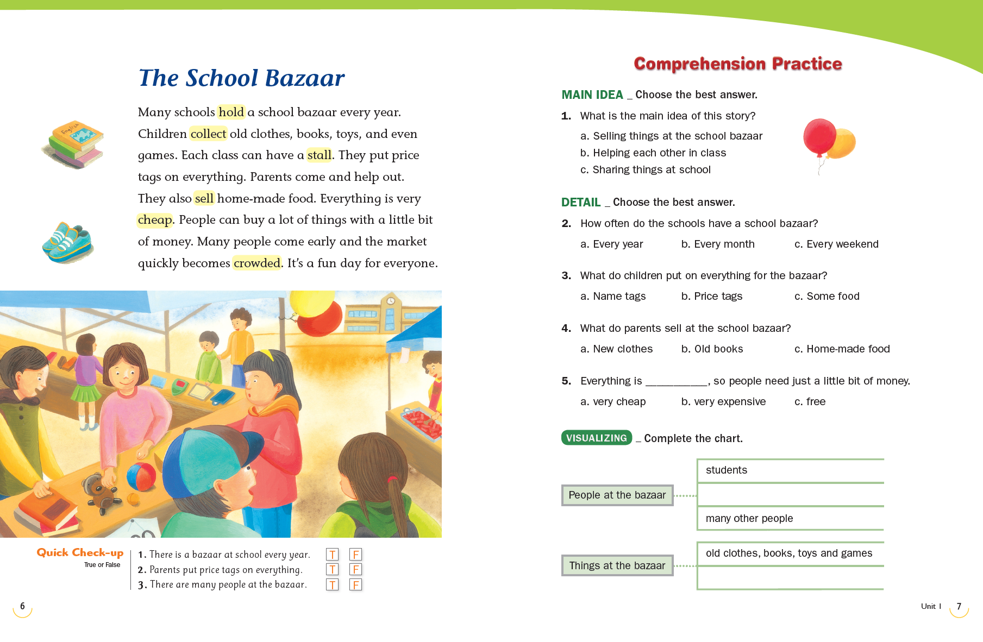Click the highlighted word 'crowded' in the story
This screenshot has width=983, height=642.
(257, 263)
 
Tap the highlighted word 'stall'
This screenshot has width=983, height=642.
(319, 155)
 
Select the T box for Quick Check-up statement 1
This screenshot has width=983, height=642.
(332, 555)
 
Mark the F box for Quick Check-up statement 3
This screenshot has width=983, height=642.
(355, 585)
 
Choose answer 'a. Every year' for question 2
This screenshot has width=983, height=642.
(612, 244)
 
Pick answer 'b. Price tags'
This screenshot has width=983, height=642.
(712, 297)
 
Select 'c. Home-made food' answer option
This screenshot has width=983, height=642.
(842, 349)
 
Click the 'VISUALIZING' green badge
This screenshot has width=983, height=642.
(596, 438)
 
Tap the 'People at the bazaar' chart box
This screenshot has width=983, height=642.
(617, 495)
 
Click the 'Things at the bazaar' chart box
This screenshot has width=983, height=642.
(617, 566)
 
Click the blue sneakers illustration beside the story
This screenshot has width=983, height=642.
(68, 242)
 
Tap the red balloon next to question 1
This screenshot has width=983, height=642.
(819, 137)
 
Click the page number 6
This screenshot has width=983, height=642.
(22, 607)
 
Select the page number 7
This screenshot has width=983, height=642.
(959, 607)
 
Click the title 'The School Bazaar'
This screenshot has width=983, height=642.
(241, 78)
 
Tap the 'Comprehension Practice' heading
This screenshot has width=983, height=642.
(737, 64)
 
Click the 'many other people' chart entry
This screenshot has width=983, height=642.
(749, 519)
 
